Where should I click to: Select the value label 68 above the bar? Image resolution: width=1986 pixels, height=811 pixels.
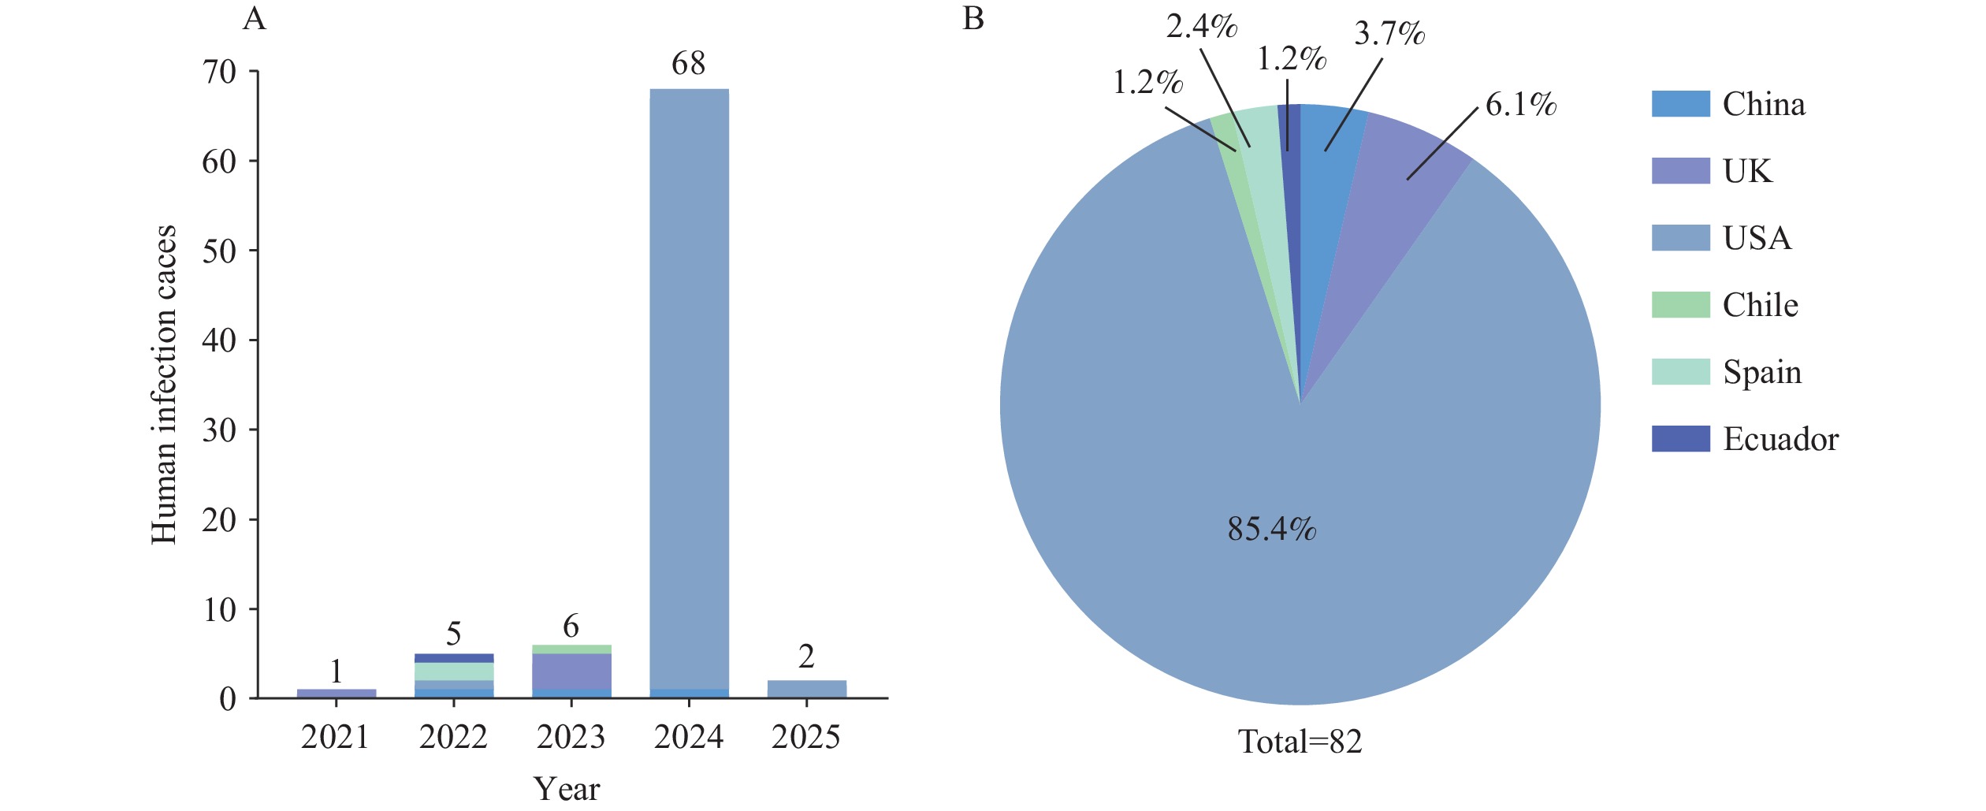[x=688, y=64]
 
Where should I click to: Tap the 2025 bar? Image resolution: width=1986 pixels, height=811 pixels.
[x=806, y=689]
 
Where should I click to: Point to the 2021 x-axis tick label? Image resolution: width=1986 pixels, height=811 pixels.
[x=335, y=738]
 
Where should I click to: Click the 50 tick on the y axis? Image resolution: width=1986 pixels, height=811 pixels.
[x=219, y=251]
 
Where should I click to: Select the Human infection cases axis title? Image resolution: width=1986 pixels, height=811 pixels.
[x=163, y=385]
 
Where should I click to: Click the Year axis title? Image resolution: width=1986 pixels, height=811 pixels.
[x=566, y=789]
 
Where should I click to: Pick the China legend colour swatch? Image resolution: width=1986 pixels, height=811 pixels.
[x=1680, y=104]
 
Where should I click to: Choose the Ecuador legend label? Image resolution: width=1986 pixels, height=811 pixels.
[x=1780, y=439]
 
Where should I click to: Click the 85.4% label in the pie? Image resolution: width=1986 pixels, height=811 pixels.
[x=1271, y=529]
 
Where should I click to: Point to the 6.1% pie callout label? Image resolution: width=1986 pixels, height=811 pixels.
[x=1520, y=105]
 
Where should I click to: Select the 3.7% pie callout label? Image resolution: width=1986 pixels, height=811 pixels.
[x=1389, y=34]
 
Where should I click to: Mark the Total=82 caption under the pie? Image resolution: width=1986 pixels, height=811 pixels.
[x=1300, y=742]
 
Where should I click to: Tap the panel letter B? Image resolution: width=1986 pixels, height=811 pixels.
[x=973, y=18]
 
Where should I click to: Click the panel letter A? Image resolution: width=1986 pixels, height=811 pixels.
[x=254, y=18]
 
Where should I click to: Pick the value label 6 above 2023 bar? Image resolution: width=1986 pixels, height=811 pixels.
[x=571, y=627]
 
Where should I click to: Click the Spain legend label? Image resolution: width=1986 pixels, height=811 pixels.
[x=1762, y=372]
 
